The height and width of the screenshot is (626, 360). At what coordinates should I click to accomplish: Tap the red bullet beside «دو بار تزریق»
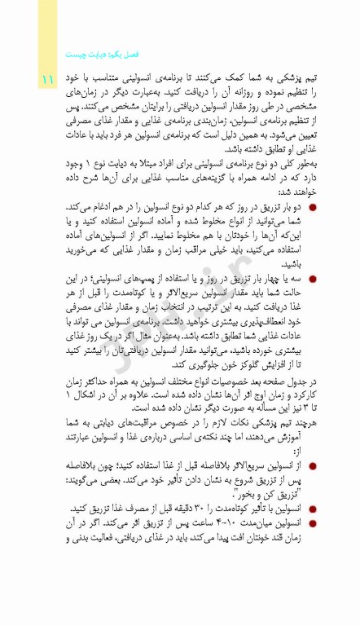314,208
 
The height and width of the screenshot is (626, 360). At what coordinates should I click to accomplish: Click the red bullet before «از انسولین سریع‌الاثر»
314,465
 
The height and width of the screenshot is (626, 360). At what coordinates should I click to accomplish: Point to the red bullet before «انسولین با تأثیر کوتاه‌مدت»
314,508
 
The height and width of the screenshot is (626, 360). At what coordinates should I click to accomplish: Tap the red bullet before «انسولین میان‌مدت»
314,522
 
